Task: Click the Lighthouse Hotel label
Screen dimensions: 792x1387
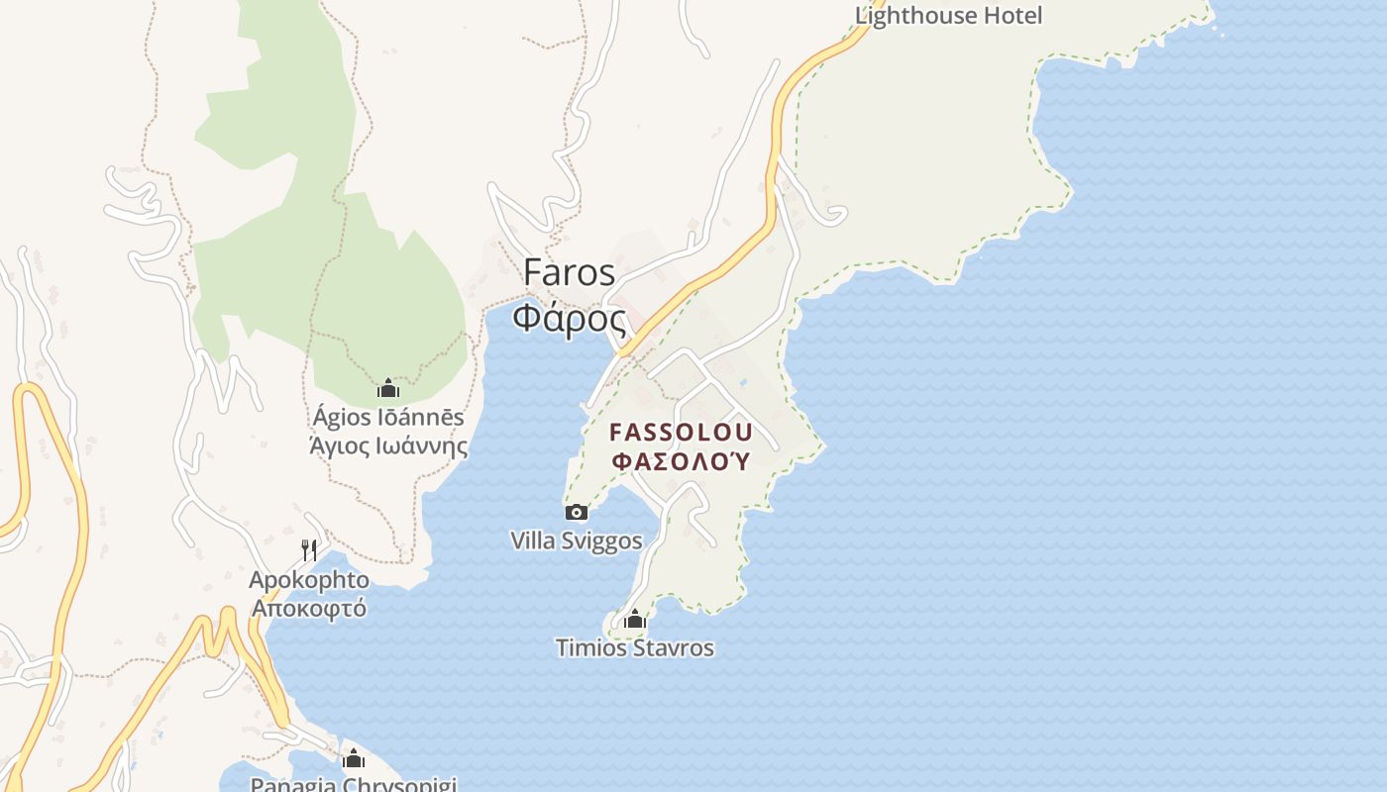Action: click(948, 15)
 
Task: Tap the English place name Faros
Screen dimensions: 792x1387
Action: click(570, 272)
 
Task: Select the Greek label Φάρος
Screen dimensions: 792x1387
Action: click(570, 319)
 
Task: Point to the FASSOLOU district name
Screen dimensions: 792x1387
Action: click(682, 433)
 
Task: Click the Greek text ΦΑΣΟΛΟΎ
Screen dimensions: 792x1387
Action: click(682, 461)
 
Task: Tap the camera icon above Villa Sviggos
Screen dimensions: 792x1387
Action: click(576, 512)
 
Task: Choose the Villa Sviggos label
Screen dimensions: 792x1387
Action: click(576, 541)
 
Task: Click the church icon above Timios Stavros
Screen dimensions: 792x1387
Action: click(635, 620)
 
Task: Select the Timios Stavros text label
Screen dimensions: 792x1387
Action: click(635, 648)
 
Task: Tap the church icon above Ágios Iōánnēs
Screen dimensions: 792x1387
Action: click(387, 387)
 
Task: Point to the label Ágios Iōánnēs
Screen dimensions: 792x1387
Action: click(387, 417)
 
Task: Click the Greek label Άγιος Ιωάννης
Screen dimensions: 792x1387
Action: click(387, 445)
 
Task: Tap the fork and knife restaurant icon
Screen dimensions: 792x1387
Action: click(309, 549)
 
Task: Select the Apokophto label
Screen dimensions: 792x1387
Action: click(309, 580)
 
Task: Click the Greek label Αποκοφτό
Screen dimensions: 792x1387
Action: click(309, 608)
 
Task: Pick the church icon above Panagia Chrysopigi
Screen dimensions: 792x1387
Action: click(354, 759)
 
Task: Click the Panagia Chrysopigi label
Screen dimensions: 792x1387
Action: click(354, 785)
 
